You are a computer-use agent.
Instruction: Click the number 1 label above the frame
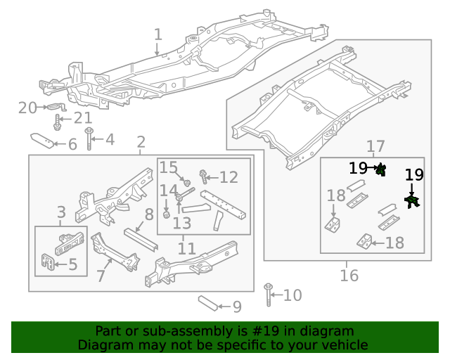pos(157,34)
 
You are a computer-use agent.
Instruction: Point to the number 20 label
pos(27,108)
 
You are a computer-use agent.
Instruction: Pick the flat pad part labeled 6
pos(44,142)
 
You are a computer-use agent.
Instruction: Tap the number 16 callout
pos(349,275)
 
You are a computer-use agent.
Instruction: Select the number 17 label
pos(375,146)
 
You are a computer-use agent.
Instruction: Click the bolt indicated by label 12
pos(203,174)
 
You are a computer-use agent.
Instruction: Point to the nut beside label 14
pos(167,214)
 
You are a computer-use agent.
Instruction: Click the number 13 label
pos(181,224)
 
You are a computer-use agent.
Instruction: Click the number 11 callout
pos(186,248)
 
